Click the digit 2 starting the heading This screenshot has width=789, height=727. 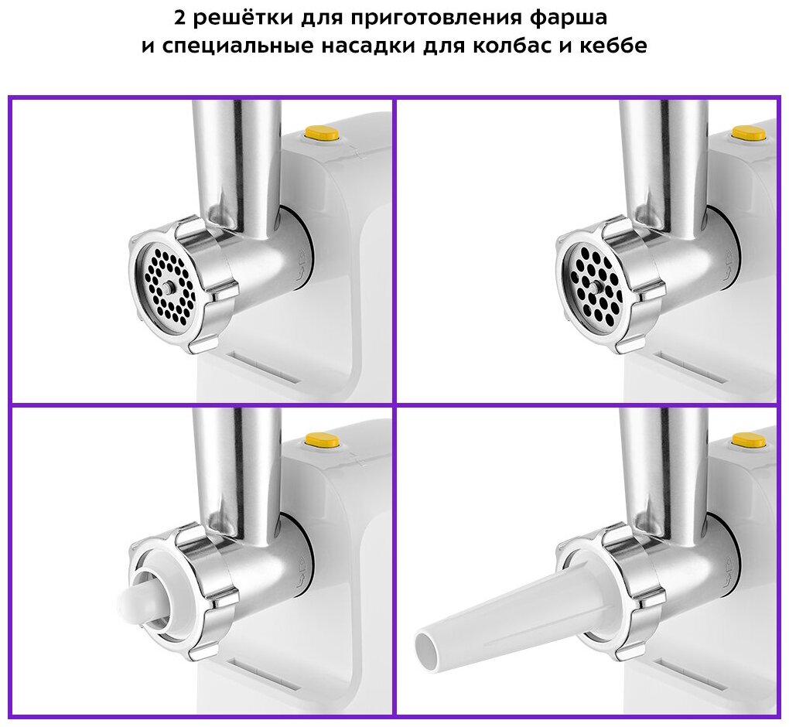click(180, 18)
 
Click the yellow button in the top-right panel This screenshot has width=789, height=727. click(749, 134)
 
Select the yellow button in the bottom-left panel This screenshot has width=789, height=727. click(321, 440)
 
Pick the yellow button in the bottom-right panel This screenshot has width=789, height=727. click(749, 440)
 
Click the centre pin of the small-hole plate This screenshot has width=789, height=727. click(168, 288)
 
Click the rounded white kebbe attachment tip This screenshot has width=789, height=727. click(131, 605)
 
